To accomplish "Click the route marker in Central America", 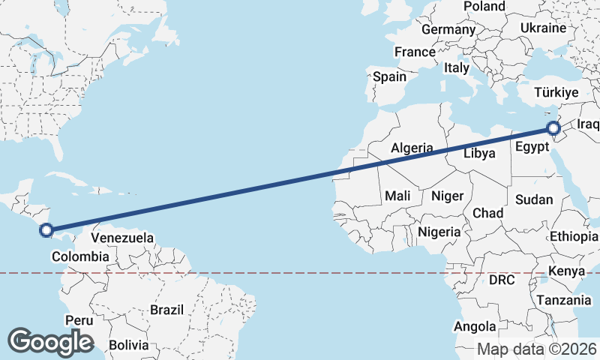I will pos(46,230).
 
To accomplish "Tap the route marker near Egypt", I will pos(553,128).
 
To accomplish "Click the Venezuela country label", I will pos(122,238).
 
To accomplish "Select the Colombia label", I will pos(80,256).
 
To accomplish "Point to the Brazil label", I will pos(166,310).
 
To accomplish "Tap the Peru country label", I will pos(79,320).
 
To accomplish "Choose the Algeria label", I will pos(412,148).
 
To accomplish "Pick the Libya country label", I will pos(479,153).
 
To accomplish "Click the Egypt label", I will pos(532,148).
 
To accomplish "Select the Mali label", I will pos(397,196).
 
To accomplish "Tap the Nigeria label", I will pos(439,232).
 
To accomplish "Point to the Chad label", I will pos(487,213).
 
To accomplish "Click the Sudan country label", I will pos(533,200).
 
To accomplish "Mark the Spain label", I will pos(389,76).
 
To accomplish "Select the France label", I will pos(415,52).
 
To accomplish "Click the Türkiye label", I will pos(556,93).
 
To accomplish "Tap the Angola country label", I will pos(475,326).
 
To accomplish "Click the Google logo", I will pos(50,341).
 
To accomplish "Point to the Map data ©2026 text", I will pos(537,349).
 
